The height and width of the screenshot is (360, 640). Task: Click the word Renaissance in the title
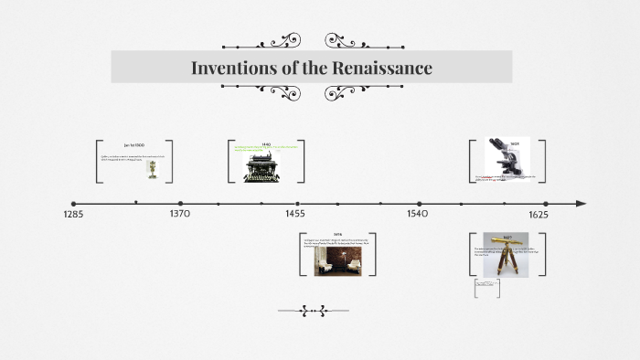click(x=379, y=68)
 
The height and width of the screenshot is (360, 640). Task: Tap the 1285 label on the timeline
click(x=74, y=214)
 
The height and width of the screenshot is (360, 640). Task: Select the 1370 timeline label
click(x=180, y=214)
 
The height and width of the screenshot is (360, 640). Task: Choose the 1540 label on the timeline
click(x=418, y=214)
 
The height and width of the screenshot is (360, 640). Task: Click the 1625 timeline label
click(x=539, y=214)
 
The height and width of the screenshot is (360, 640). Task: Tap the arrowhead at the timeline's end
click(x=581, y=203)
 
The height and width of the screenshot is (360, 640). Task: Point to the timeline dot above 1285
click(x=74, y=203)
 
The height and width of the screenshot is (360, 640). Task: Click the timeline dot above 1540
click(x=419, y=203)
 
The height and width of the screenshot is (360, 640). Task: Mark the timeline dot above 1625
click(x=545, y=203)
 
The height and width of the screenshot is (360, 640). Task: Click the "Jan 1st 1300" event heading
click(x=134, y=145)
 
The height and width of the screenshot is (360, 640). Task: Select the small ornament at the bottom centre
click(x=313, y=312)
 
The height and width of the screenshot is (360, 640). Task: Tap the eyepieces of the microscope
click(x=496, y=145)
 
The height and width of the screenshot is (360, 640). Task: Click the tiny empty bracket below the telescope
click(x=486, y=289)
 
